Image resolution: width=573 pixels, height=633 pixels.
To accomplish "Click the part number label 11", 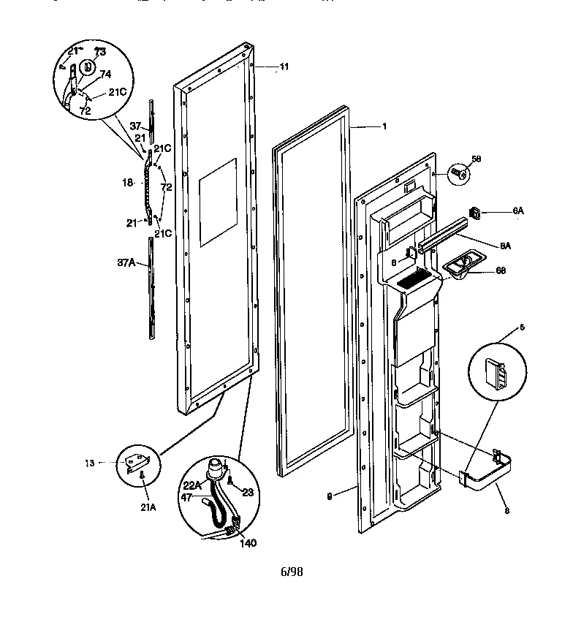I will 284,67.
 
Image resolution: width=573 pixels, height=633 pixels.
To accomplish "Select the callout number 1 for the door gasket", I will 384,126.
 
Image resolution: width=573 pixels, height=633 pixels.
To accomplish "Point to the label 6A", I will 518,211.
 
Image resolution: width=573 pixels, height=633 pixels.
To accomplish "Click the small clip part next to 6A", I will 476,213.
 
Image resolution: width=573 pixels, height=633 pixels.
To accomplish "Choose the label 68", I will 500,270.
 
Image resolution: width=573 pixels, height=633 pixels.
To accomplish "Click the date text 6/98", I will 291,572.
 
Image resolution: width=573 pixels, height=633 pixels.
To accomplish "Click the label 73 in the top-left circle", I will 99,52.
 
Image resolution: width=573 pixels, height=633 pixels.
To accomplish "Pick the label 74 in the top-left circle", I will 105,74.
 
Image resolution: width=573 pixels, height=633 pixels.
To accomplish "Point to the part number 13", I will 89,463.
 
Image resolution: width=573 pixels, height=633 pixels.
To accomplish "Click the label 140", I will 248,543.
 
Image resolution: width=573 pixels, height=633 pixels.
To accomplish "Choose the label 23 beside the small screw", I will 247,492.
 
